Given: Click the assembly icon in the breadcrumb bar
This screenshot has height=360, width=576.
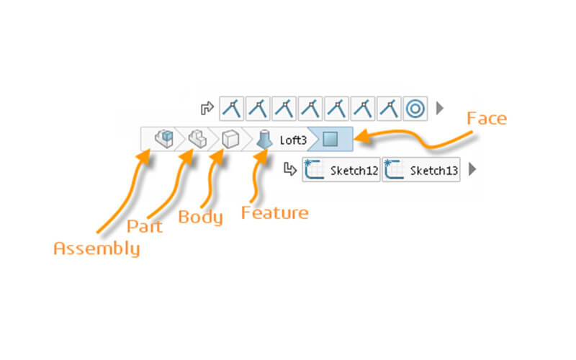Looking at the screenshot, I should click(164, 138).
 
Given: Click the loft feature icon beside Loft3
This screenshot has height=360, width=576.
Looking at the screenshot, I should click(264, 138).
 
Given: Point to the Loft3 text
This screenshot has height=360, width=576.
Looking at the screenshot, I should click(293, 139).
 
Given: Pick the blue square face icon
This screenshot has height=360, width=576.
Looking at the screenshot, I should click(330, 138).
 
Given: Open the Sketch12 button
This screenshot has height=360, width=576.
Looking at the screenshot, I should click(341, 170).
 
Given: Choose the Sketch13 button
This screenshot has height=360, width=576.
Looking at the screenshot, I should click(421, 170).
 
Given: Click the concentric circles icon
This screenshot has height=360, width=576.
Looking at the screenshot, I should click(415, 109).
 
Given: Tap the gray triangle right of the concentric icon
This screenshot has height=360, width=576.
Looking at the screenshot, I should click(441, 109).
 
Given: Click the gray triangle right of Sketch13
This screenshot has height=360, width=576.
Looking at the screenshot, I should click(472, 170).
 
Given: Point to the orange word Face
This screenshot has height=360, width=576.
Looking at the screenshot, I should click(487, 117).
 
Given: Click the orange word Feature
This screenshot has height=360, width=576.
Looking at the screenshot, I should click(274, 213).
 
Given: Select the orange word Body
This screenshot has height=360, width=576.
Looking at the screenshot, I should click(201, 217).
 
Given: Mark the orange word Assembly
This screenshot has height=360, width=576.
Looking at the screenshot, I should click(96, 249).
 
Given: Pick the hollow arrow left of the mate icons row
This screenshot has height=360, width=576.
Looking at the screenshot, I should click(207, 109).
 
